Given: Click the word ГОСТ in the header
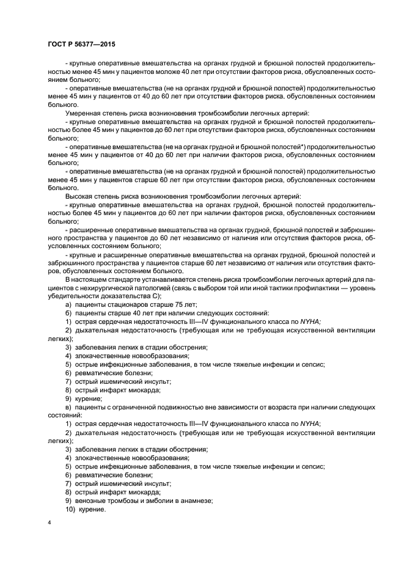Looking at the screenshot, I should tap(57, 45).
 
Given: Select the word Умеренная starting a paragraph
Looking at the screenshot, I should tap(86, 112).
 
